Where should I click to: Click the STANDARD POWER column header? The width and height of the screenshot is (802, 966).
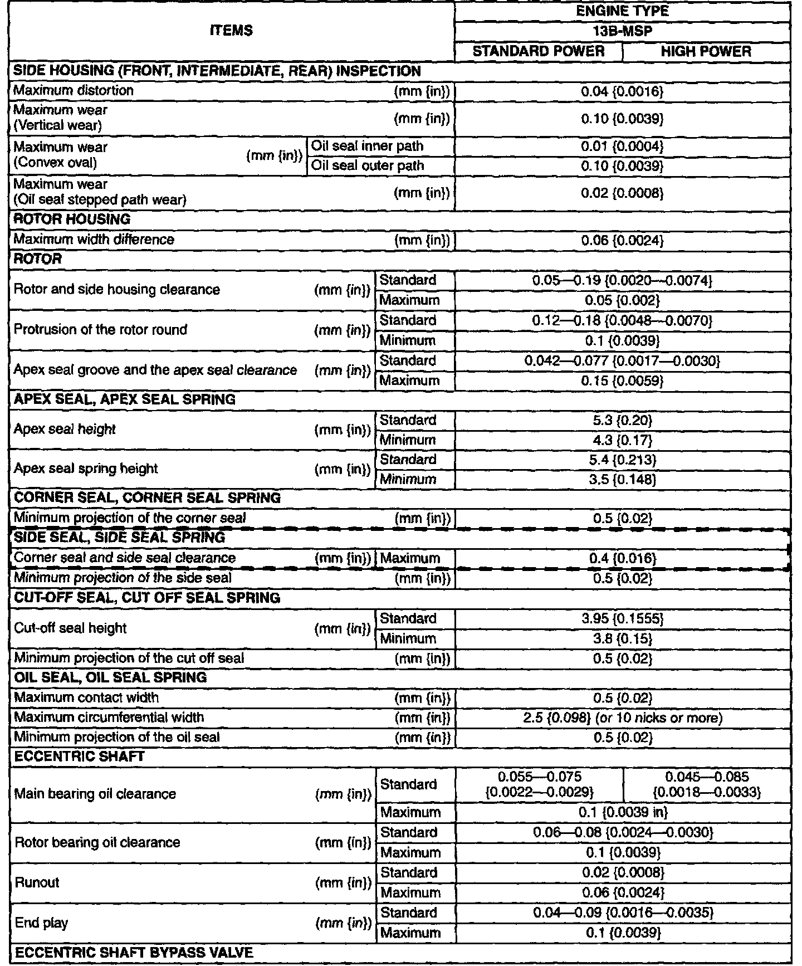(x=539, y=51)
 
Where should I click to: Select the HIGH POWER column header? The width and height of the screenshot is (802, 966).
(x=706, y=51)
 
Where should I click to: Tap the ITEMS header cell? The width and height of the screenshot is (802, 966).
(x=232, y=31)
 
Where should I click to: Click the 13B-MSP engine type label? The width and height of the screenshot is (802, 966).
(x=623, y=31)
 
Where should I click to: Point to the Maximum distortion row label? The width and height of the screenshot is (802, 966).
(x=74, y=90)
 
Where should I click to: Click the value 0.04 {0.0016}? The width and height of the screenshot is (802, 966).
(x=623, y=91)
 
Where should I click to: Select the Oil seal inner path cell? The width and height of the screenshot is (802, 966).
(x=368, y=146)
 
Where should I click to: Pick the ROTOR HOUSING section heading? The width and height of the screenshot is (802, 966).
(x=72, y=219)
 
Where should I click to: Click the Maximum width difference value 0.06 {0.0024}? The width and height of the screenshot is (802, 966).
(x=623, y=240)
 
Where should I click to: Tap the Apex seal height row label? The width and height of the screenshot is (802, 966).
(x=65, y=430)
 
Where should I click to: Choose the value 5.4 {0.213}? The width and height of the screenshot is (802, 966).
(x=623, y=460)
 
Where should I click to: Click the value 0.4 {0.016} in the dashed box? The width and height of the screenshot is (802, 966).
(x=623, y=558)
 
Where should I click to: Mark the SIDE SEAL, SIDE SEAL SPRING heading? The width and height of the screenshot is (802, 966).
(x=119, y=538)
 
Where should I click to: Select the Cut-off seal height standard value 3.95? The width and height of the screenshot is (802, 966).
(x=623, y=618)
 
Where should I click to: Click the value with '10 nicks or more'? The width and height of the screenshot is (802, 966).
(x=623, y=718)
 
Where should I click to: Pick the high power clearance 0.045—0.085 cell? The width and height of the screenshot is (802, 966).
(x=707, y=784)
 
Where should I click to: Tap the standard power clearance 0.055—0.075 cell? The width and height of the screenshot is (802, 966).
(x=539, y=784)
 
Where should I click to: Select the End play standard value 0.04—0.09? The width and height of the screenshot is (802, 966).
(x=623, y=913)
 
